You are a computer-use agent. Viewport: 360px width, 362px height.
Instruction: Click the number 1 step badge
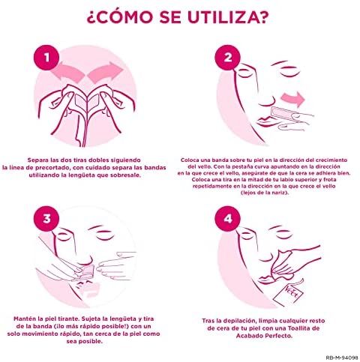click(x=46, y=58)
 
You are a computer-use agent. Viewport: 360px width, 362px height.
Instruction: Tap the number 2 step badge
click(x=227, y=58)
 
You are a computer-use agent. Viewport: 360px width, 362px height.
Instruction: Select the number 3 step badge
click(x=46, y=219)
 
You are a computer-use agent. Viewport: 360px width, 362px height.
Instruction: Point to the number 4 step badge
click(x=227, y=219)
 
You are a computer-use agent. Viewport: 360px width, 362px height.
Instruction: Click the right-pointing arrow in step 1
click(x=106, y=72)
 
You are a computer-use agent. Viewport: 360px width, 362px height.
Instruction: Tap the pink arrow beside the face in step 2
click(x=293, y=99)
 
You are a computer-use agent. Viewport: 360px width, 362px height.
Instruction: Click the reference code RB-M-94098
click(x=342, y=358)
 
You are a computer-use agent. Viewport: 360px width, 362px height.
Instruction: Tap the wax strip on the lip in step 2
click(x=283, y=114)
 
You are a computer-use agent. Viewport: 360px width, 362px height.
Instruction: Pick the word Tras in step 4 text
click(x=208, y=321)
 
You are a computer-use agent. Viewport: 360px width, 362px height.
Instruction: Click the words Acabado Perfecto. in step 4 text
click(x=264, y=336)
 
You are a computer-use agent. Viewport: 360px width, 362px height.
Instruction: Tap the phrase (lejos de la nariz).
click(x=265, y=193)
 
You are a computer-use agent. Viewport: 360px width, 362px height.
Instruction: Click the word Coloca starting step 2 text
click(x=190, y=160)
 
